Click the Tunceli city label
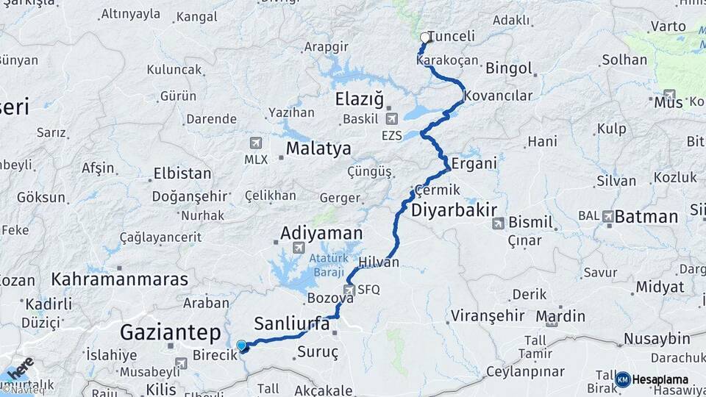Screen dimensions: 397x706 [452, 36]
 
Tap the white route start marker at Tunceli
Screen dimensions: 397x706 [424, 37]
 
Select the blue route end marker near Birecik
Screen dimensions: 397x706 [241, 345]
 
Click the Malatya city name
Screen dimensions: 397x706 [318, 149]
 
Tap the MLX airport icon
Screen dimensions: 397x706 [255, 143]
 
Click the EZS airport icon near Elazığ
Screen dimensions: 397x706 [391, 118]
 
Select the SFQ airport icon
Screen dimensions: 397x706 [349, 290]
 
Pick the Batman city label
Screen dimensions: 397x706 [646, 217]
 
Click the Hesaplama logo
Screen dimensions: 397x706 [652, 379]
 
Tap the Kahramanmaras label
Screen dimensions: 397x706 [119, 280]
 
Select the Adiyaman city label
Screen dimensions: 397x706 [321, 234]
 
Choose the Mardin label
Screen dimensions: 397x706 [560, 317]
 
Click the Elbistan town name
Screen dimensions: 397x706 [182, 175]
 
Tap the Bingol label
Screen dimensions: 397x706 [509, 68]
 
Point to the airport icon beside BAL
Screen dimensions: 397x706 [608, 216]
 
